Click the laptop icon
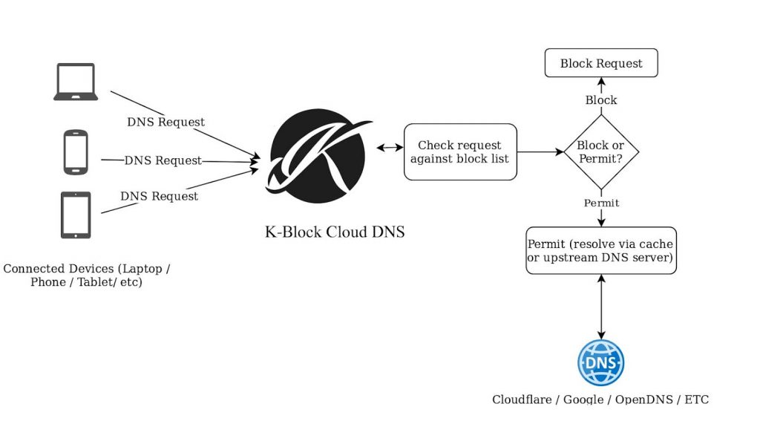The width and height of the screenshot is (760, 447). pyautogui.click(x=76, y=82)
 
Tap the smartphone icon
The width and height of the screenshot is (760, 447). pyautogui.click(x=76, y=151)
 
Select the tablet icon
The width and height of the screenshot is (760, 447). pyautogui.click(x=76, y=215)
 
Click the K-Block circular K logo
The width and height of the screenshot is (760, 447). pyautogui.click(x=318, y=156)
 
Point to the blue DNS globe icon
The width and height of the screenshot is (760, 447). pyautogui.click(x=601, y=362)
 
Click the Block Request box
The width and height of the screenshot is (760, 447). pyautogui.click(x=601, y=63)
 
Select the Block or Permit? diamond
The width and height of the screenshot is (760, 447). pyautogui.click(x=601, y=151)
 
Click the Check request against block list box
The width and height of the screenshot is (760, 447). pyautogui.click(x=460, y=151)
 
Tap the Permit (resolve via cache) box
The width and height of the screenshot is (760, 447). pyautogui.click(x=601, y=251)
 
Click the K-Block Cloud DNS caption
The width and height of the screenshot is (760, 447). pyautogui.click(x=335, y=232)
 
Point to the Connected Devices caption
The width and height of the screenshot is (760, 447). pyautogui.click(x=86, y=275)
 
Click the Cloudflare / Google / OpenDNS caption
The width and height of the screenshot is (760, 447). pyautogui.click(x=600, y=399)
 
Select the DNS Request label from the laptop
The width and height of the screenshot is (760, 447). pyautogui.click(x=166, y=122)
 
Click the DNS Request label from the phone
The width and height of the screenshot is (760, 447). pyautogui.click(x=163, y=160)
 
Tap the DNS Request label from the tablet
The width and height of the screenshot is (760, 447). pyautogui.click(x=159, y=196)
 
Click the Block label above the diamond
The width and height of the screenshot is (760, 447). pyautogui.click(x=601, y=100)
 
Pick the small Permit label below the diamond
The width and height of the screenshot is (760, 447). pyautogui.click(x=601, y=203)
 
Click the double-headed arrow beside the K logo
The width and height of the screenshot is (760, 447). pyautogui.click(x=390, y=147)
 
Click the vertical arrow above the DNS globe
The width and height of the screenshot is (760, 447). pyautogui.click(x=601, y=307)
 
